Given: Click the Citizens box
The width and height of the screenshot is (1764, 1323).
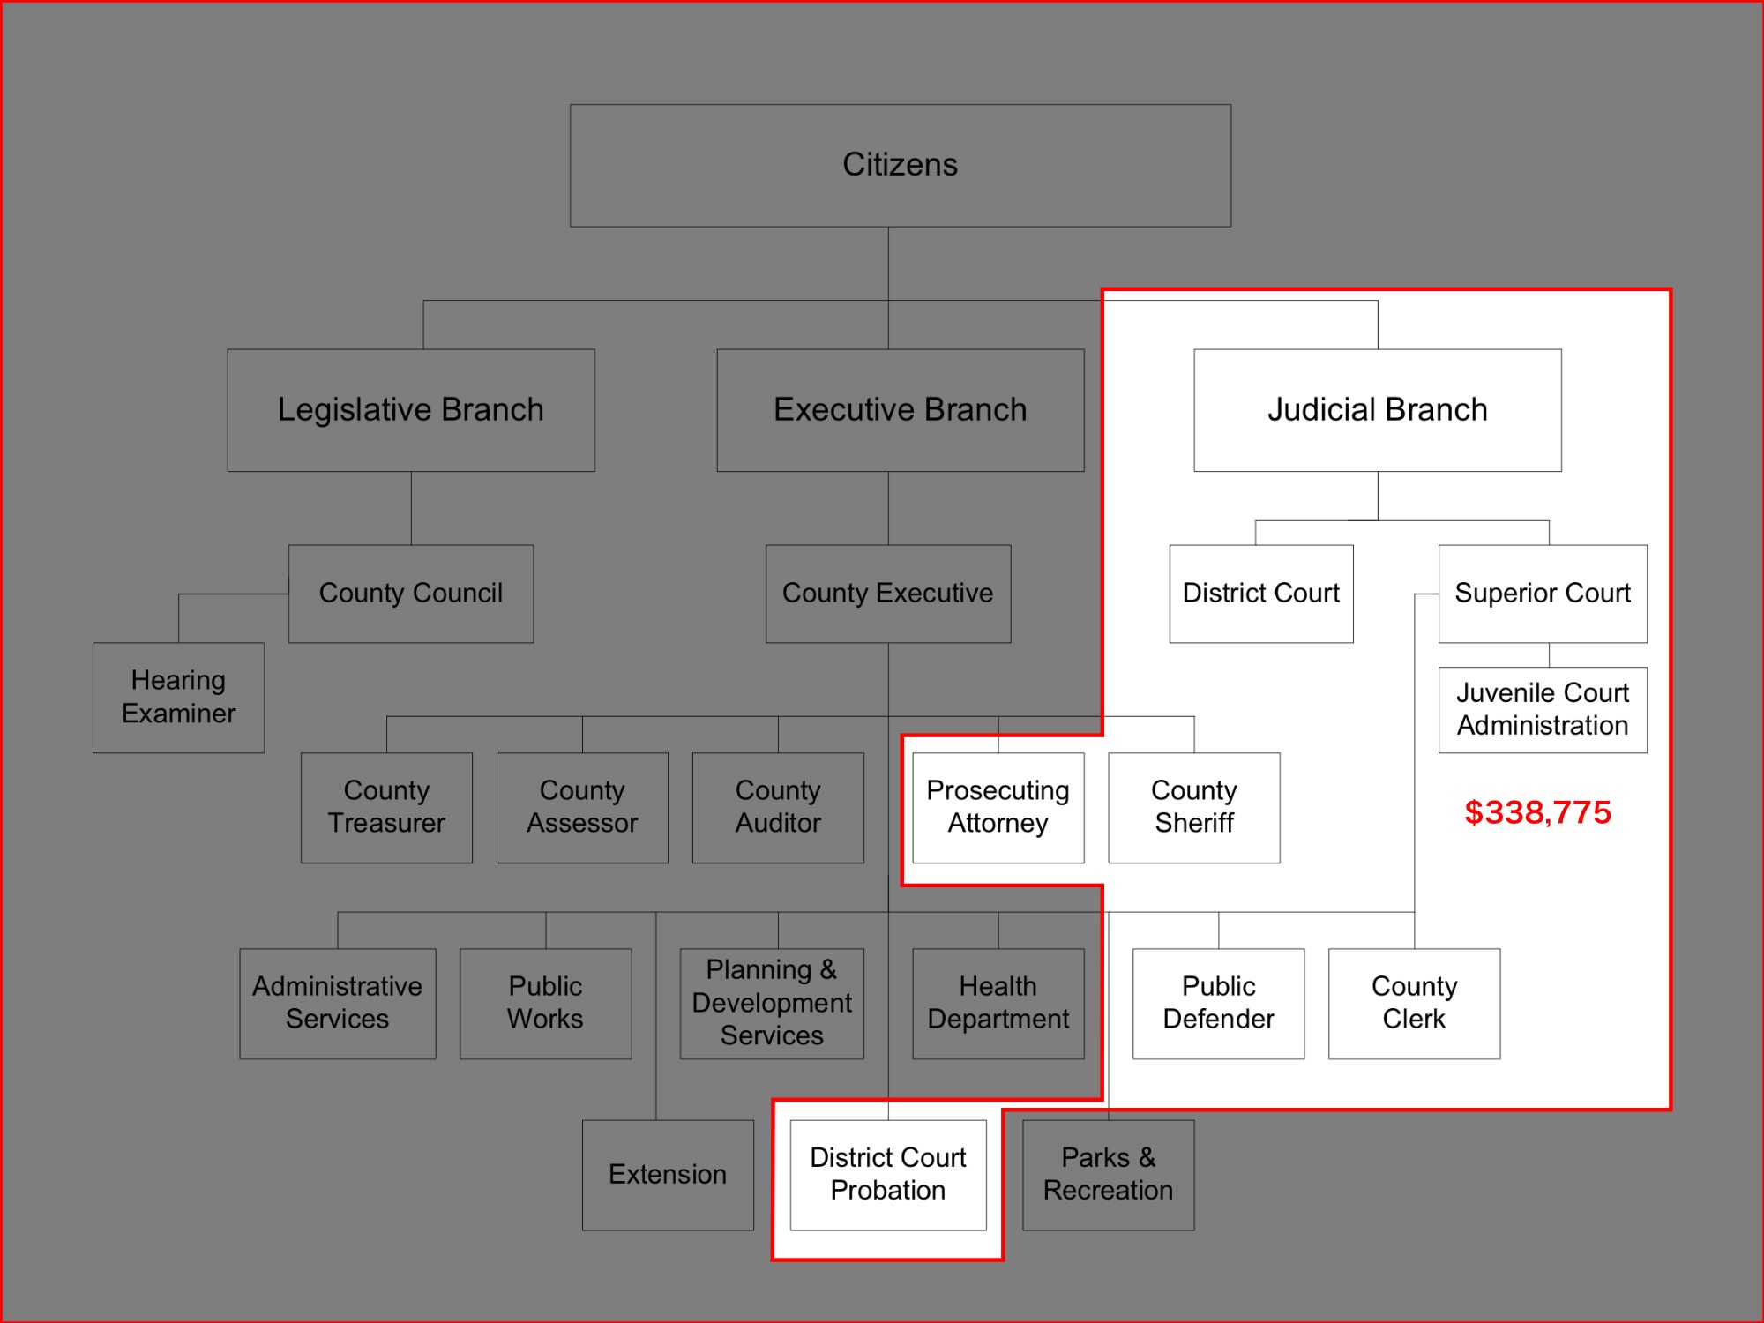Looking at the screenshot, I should (x=900, y=166).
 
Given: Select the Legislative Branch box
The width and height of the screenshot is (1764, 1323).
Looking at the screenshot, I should (x=411, y=410).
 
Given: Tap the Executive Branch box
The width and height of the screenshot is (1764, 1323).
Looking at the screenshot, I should (x=900, y=410).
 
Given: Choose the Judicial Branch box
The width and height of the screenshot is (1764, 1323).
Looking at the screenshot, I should (x=1377, y=410).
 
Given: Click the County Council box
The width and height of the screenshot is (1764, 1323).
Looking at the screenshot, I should (x=411, y=594).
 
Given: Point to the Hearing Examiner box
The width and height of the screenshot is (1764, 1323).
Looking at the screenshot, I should (x=178, y=697).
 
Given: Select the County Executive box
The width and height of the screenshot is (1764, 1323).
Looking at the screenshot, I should (x=887, y=594).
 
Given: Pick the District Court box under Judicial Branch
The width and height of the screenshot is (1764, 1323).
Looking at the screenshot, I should (x=1260, y=594).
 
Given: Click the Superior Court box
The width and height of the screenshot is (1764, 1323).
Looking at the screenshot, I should (x=1542, y=594).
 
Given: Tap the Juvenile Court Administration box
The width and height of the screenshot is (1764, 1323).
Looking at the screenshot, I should (x=1542, y=709).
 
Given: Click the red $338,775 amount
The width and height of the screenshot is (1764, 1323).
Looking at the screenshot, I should (x=1537, y=812).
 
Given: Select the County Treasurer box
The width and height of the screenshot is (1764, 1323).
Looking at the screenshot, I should (x=386, y=807).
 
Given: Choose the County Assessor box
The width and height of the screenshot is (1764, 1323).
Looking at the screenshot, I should (x=582, y=807).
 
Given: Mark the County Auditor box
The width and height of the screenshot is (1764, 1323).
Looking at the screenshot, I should (x=778, y=807).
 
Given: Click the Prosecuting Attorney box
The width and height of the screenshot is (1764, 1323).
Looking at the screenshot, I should (x=998, y=807).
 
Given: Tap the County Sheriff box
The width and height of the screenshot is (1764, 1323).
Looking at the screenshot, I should (x=1193, y=807).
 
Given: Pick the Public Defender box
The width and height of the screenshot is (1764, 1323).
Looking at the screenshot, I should (x=1218, y=1003).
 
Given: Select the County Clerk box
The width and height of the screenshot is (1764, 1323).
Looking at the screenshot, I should (x=1414, y=1003).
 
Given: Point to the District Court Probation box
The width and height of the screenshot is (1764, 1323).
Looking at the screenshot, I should (x=887, y=1174).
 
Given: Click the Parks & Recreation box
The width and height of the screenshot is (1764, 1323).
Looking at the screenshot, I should (x=1108, y=1174).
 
